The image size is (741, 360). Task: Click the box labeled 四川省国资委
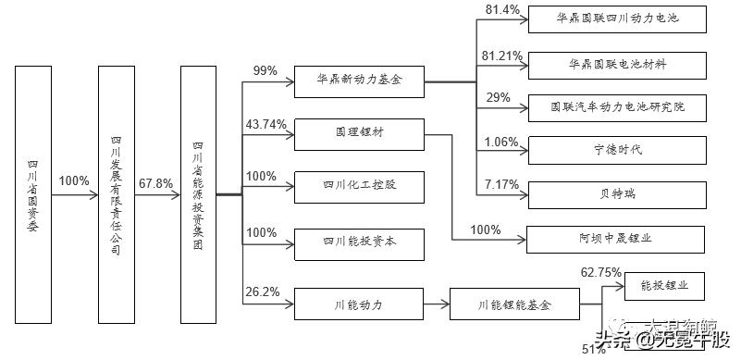(x=33, y=196)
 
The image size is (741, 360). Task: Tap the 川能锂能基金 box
(x=515, y=303)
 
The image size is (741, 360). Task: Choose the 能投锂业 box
(x=672, y=285)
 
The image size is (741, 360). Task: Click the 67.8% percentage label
(x=154, y=183)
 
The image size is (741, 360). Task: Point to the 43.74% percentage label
(x=266, y=124)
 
